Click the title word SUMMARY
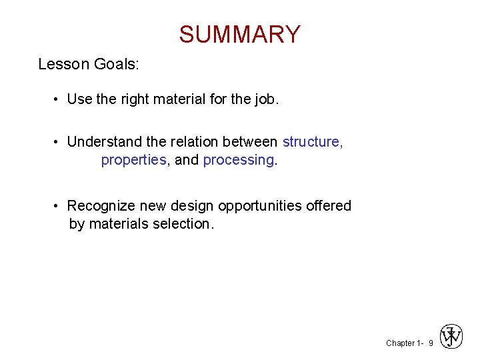pyautogui.click(x=240, y=34)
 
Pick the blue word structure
pyautogui.click(x=311, y=142)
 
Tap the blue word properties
pyautogui.click(x=133, y=161)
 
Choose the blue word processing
pyautogui.click(x=239, y=161)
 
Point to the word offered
pyautogui.click(x=329, y=206)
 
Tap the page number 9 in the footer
pyautogui.click(x=431, y=343)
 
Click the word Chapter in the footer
pyautogui.click(x=400, y=343)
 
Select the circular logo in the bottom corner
pyautogui.click(x=451, y=336)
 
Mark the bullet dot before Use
pyautogui.click(x=58, y=101)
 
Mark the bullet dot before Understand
pyautogui.click(x=58, y=143)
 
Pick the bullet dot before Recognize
pyautogui.click(x=58, y=207)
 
